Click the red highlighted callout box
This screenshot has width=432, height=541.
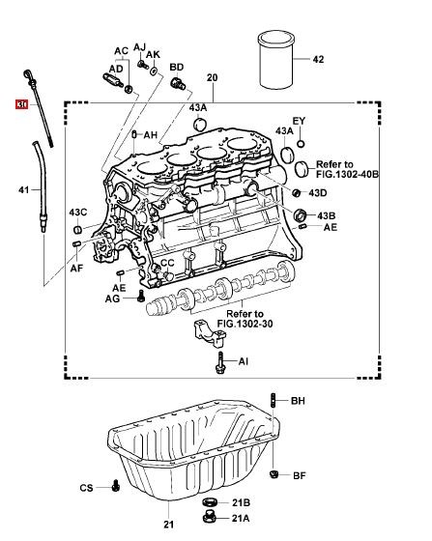(21, 104)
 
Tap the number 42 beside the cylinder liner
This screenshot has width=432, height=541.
(318, 59)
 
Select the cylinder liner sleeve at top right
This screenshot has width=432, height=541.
(276, 60)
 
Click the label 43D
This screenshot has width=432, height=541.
(317, 193)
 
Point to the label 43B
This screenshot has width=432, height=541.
(326, 216)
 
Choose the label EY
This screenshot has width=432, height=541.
(299, 121)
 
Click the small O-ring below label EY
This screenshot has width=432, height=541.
(301, 144)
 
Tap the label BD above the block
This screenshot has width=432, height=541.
(176, 68)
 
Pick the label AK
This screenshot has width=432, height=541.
(153, 54)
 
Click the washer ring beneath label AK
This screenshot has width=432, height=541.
(154, 71)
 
